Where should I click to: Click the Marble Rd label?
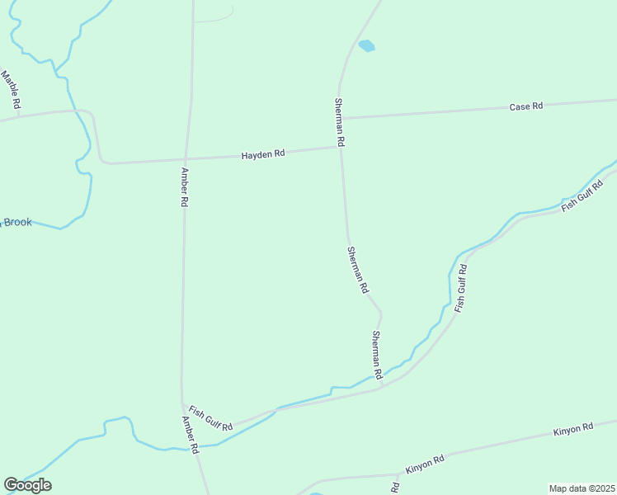pos(11,91)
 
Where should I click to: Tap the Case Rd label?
pos(525,106)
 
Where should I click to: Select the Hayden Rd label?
pos(263,154)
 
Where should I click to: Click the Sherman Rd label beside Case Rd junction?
pos(339,122)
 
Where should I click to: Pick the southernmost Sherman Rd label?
pos(376,355)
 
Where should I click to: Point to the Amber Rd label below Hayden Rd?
pos(185,187)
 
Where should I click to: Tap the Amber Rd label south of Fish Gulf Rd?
pos(191,435)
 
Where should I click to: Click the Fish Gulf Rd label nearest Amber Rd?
pos(210,418)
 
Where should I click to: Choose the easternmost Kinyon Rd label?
pos(573,428)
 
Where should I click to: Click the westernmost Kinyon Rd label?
pos(425,464)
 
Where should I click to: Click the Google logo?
pos(27,485)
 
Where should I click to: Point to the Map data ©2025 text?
pos(581,488)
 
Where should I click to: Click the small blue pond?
pos(366,46)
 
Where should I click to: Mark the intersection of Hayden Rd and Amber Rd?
pos(186,158)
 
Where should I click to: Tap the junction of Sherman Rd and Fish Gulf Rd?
pos(381,386)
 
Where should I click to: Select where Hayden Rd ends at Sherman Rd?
pos(340,148)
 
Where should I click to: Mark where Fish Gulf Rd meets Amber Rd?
pos(182,404)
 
